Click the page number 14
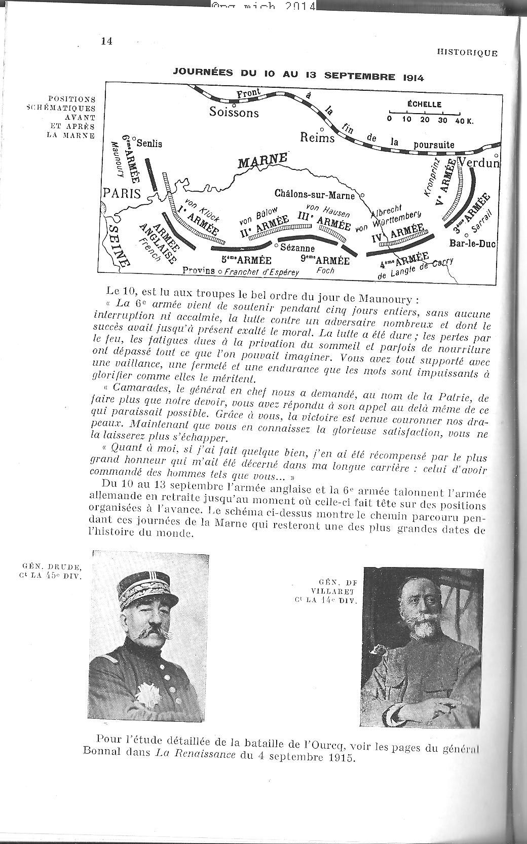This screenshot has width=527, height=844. point(106,41)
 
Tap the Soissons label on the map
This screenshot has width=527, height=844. point(234,112)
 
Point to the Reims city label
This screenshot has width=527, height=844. point(317,137)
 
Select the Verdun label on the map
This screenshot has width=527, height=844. point(479,163)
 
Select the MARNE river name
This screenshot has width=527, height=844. point(262,161)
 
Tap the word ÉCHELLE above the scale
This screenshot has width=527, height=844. point(424,104)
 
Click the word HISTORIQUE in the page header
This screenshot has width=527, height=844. point(466,53)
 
